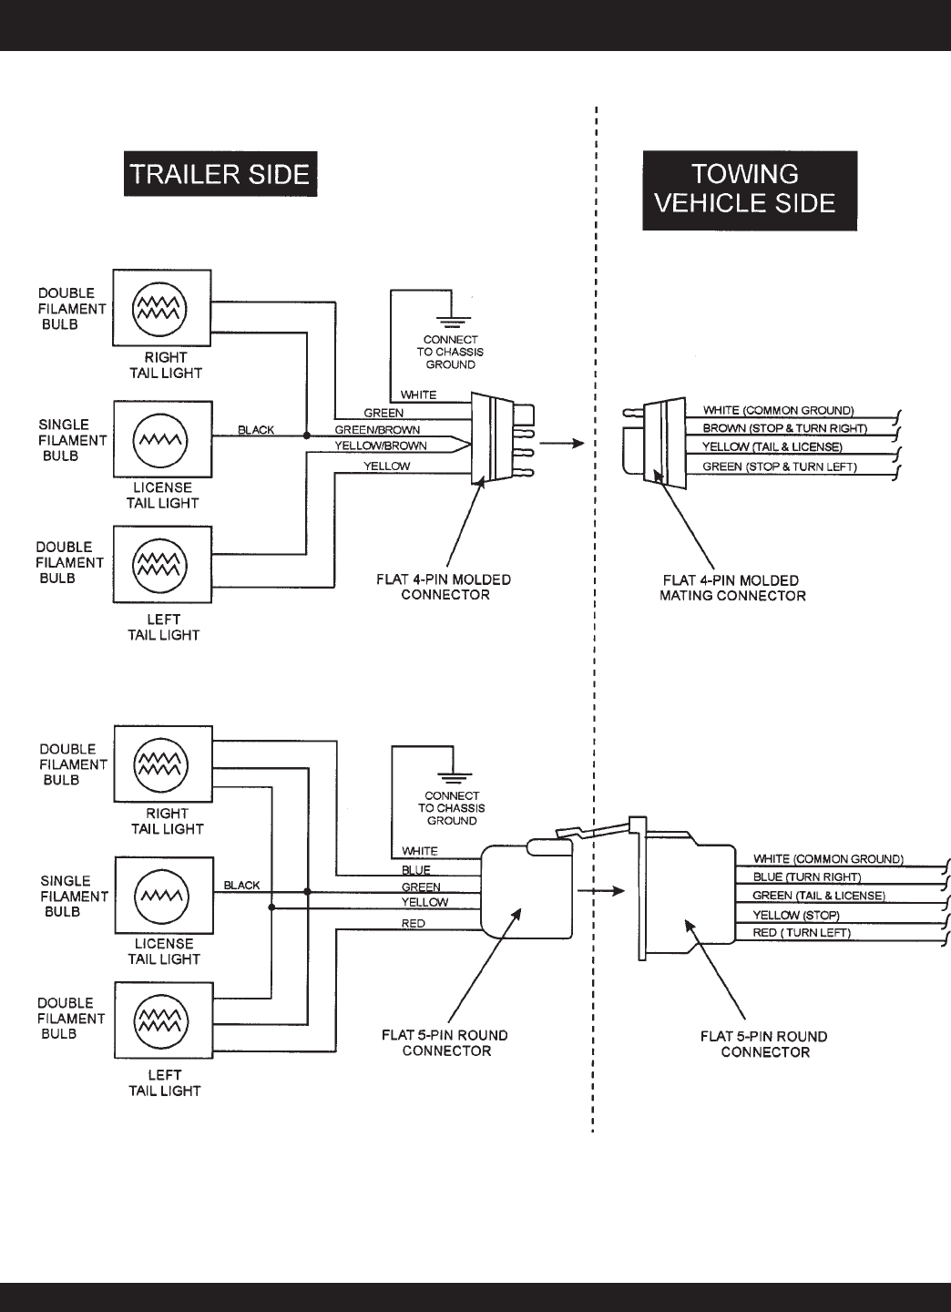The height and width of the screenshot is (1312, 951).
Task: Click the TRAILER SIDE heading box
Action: click(x=220, y=174)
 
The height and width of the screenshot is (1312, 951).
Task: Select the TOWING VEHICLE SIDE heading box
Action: click(x=750, y=189)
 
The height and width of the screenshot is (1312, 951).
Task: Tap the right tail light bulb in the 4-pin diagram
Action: click(x=161, y=308)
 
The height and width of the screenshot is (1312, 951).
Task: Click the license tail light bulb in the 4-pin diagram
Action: click(x=161, y=439)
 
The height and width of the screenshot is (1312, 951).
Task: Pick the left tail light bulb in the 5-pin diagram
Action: click(x=163, y=1020)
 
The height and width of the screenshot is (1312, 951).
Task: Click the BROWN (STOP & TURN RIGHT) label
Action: click(x=784, y=428)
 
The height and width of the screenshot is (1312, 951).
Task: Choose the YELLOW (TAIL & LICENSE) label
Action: click(x=772, y=447)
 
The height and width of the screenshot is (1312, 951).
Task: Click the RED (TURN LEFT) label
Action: click(x=801, y=933)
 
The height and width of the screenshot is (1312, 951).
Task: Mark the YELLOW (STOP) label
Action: click(x=795, y=915)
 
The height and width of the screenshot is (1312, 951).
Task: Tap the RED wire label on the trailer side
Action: click(x=413, y=923)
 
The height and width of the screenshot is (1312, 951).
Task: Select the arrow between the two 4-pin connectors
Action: click(x=559, y=445)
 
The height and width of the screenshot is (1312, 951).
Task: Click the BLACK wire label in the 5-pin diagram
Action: click(x=241, y=885)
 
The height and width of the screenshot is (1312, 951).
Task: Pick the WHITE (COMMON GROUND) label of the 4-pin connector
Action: click(x=778, y=410)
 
